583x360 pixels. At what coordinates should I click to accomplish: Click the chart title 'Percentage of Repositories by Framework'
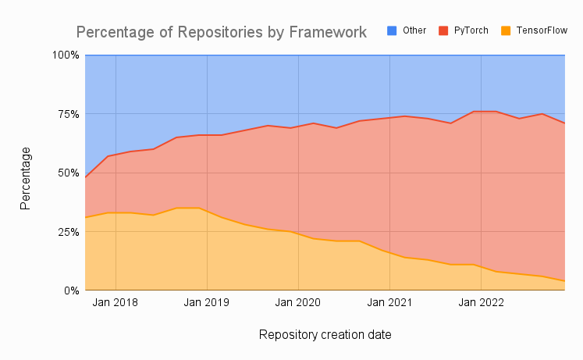click(x=221, y=33)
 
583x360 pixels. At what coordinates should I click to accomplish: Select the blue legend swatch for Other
click(x=393, y=30)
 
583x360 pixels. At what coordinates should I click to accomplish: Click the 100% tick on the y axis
click(x=66, y=55)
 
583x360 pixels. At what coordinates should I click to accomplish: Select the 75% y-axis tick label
click(x=67, y=114)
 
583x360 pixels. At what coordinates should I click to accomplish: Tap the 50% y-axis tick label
click(x=67, y=173)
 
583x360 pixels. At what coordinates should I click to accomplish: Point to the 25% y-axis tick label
click(x=67, y=232)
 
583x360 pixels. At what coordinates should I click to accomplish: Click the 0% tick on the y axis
click(x=70, y=290)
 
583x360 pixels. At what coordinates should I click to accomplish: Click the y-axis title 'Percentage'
click(x=26, y=177)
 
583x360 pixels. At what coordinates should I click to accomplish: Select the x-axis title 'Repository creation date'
click(x=325, y=335)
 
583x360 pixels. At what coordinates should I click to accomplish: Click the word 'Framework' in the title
click(x=326, y=33)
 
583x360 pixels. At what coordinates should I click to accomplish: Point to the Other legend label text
click(x=414, y=30)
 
